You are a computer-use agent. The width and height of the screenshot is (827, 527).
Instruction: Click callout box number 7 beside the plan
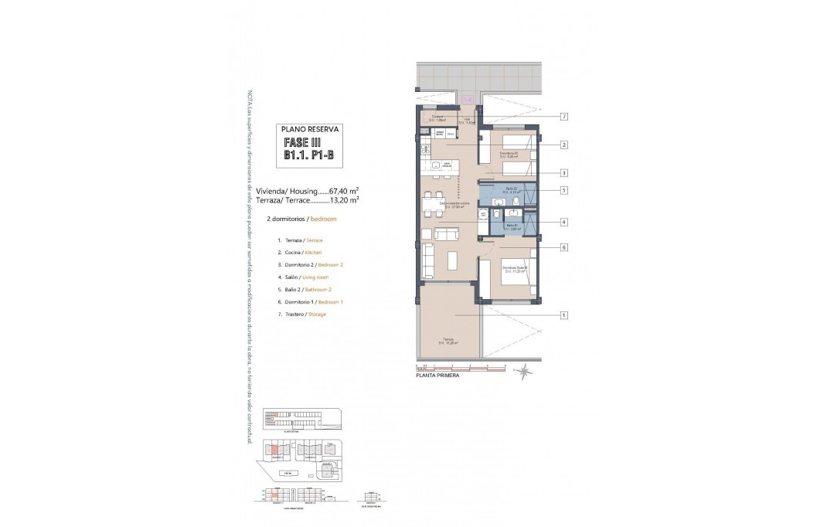[x=564, y=117]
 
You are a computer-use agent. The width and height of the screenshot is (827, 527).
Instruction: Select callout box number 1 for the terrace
[x=564, y=315]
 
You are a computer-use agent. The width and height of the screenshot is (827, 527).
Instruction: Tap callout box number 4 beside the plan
[x=564, y=223]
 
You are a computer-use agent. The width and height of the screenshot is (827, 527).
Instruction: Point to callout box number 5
[x=564, y=190]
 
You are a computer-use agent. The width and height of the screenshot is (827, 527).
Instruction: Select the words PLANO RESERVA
[x=308, y=130]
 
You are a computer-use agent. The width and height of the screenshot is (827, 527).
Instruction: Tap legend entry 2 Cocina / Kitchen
[x=300, y=253]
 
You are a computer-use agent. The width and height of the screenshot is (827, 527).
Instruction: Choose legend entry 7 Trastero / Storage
[x=301, y=315]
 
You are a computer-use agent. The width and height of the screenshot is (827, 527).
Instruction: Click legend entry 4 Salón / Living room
[x=304, y=277]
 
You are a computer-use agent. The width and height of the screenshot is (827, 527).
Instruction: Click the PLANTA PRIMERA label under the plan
[x=437, y=375]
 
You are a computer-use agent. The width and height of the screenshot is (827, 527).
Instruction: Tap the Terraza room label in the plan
[x=448, y=339]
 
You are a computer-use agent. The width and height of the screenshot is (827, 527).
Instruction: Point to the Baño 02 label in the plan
[x=511, y=189]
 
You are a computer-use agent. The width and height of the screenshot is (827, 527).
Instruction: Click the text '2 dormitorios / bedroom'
[x=301, y=219]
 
